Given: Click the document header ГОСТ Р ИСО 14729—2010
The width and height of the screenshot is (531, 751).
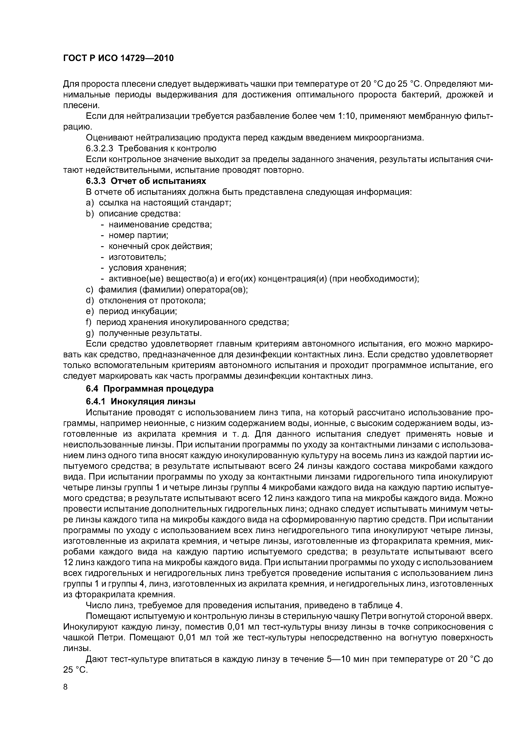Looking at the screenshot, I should (x=118, y=58).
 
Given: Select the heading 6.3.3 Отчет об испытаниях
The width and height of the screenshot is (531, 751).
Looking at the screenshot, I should (x=146, y=181).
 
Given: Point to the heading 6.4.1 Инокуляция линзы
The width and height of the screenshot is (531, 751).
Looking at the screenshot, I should (x=141, y=401).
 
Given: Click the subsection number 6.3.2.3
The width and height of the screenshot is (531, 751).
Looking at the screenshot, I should (x=100, y=149).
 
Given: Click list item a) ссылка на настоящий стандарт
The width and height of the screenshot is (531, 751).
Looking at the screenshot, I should (x=159, y=203).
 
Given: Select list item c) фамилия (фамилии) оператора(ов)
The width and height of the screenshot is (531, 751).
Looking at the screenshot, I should (x=167, y=289).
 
